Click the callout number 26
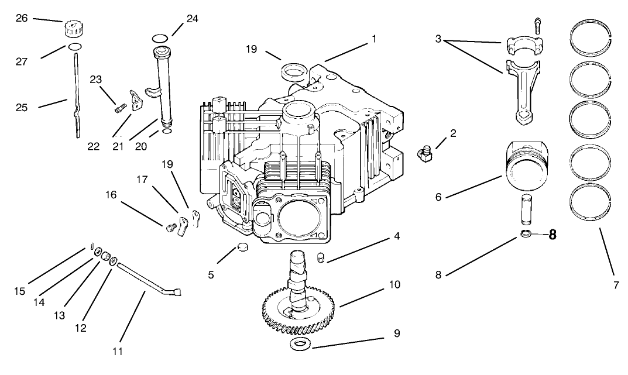pyautogui.click(x=22, y=18)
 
